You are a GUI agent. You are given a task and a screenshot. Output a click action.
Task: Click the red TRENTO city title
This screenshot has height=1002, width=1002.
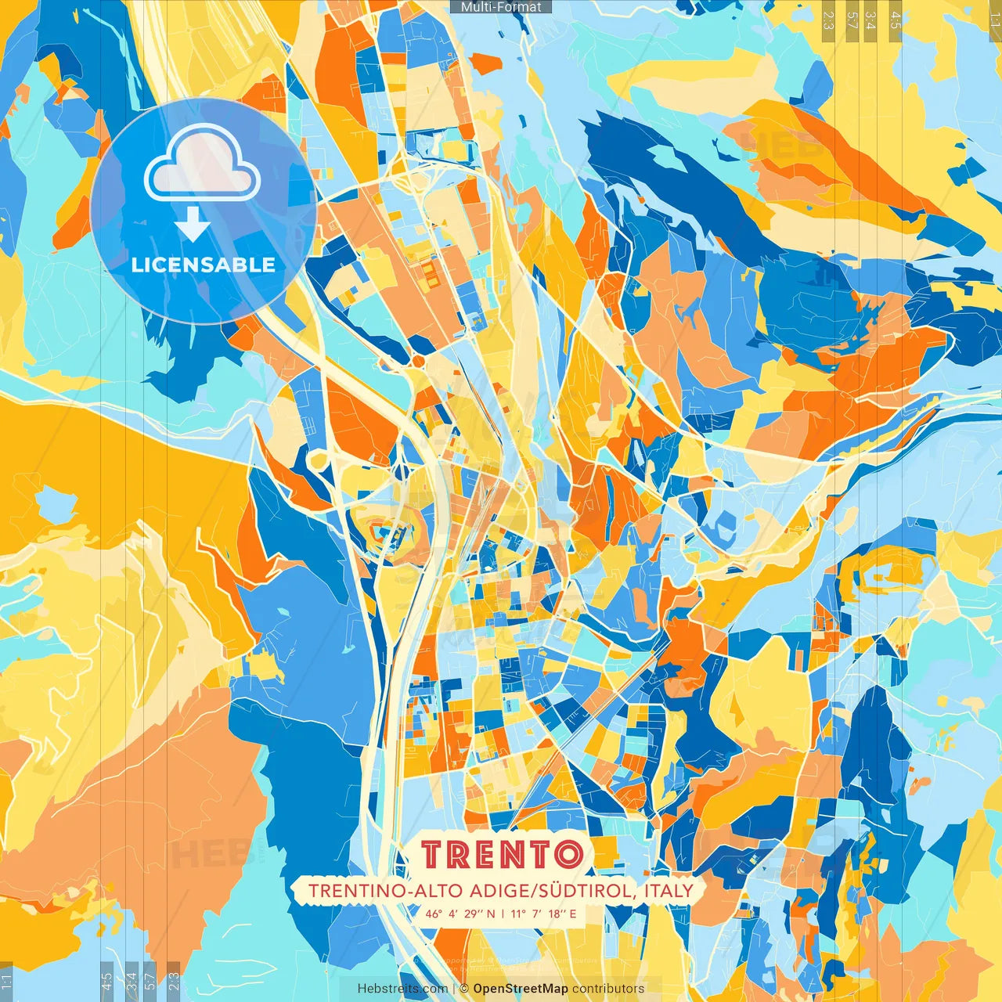pyautogui.click(x=502, y=854)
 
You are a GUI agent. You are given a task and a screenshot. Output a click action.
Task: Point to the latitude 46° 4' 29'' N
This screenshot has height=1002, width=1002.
pyautogui.click(x=460, y=914)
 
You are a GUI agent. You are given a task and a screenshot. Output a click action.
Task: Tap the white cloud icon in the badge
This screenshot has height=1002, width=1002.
pyautogui.click(x=202, y=164)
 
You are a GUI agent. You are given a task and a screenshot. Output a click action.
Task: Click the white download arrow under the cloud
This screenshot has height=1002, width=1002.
pyautogui.click(x=193, y=224)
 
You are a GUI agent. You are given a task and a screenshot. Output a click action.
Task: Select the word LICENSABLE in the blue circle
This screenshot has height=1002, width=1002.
pyautogui.click(x=204, y=265)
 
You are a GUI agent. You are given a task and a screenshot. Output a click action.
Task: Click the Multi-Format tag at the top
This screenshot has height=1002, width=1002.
pyautogui.click(x=501, y=7)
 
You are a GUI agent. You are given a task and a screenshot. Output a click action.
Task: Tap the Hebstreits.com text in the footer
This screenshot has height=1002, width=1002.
pyautogui.click(x=402, y=989)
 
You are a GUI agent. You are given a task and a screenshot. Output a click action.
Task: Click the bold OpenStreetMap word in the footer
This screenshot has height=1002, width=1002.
pyautogui.click(x=521, y=989)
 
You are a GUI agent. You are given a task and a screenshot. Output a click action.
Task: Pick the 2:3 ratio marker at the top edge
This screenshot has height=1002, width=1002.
pyautogui.click(x=828, y=20)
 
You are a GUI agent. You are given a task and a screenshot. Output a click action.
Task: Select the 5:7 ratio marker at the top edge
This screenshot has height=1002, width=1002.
pyautogui.click(x=852, y=20)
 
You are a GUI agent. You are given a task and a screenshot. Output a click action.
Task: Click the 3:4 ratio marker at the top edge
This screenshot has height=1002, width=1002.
pyautogui.click(x=871, y=20)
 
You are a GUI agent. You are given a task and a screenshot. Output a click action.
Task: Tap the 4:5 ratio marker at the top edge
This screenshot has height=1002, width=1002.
pyautogui.click(x=896, y=20)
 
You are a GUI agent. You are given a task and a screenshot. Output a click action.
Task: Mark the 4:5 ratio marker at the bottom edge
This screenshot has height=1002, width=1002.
pyautogui.click(x=106, y=982)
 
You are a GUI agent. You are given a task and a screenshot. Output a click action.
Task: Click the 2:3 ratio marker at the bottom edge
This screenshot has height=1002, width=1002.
pyautogui.click(x=174, y=982)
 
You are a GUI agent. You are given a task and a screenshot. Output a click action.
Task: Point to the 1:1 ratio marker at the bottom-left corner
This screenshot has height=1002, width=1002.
pyautogui.click(x=6, y=982)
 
